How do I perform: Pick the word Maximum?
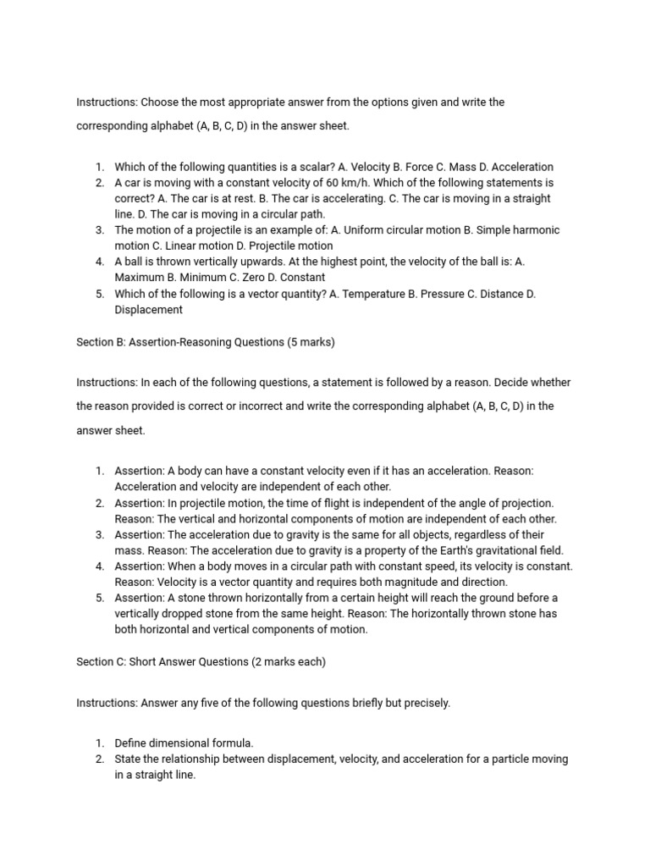point(139,277)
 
